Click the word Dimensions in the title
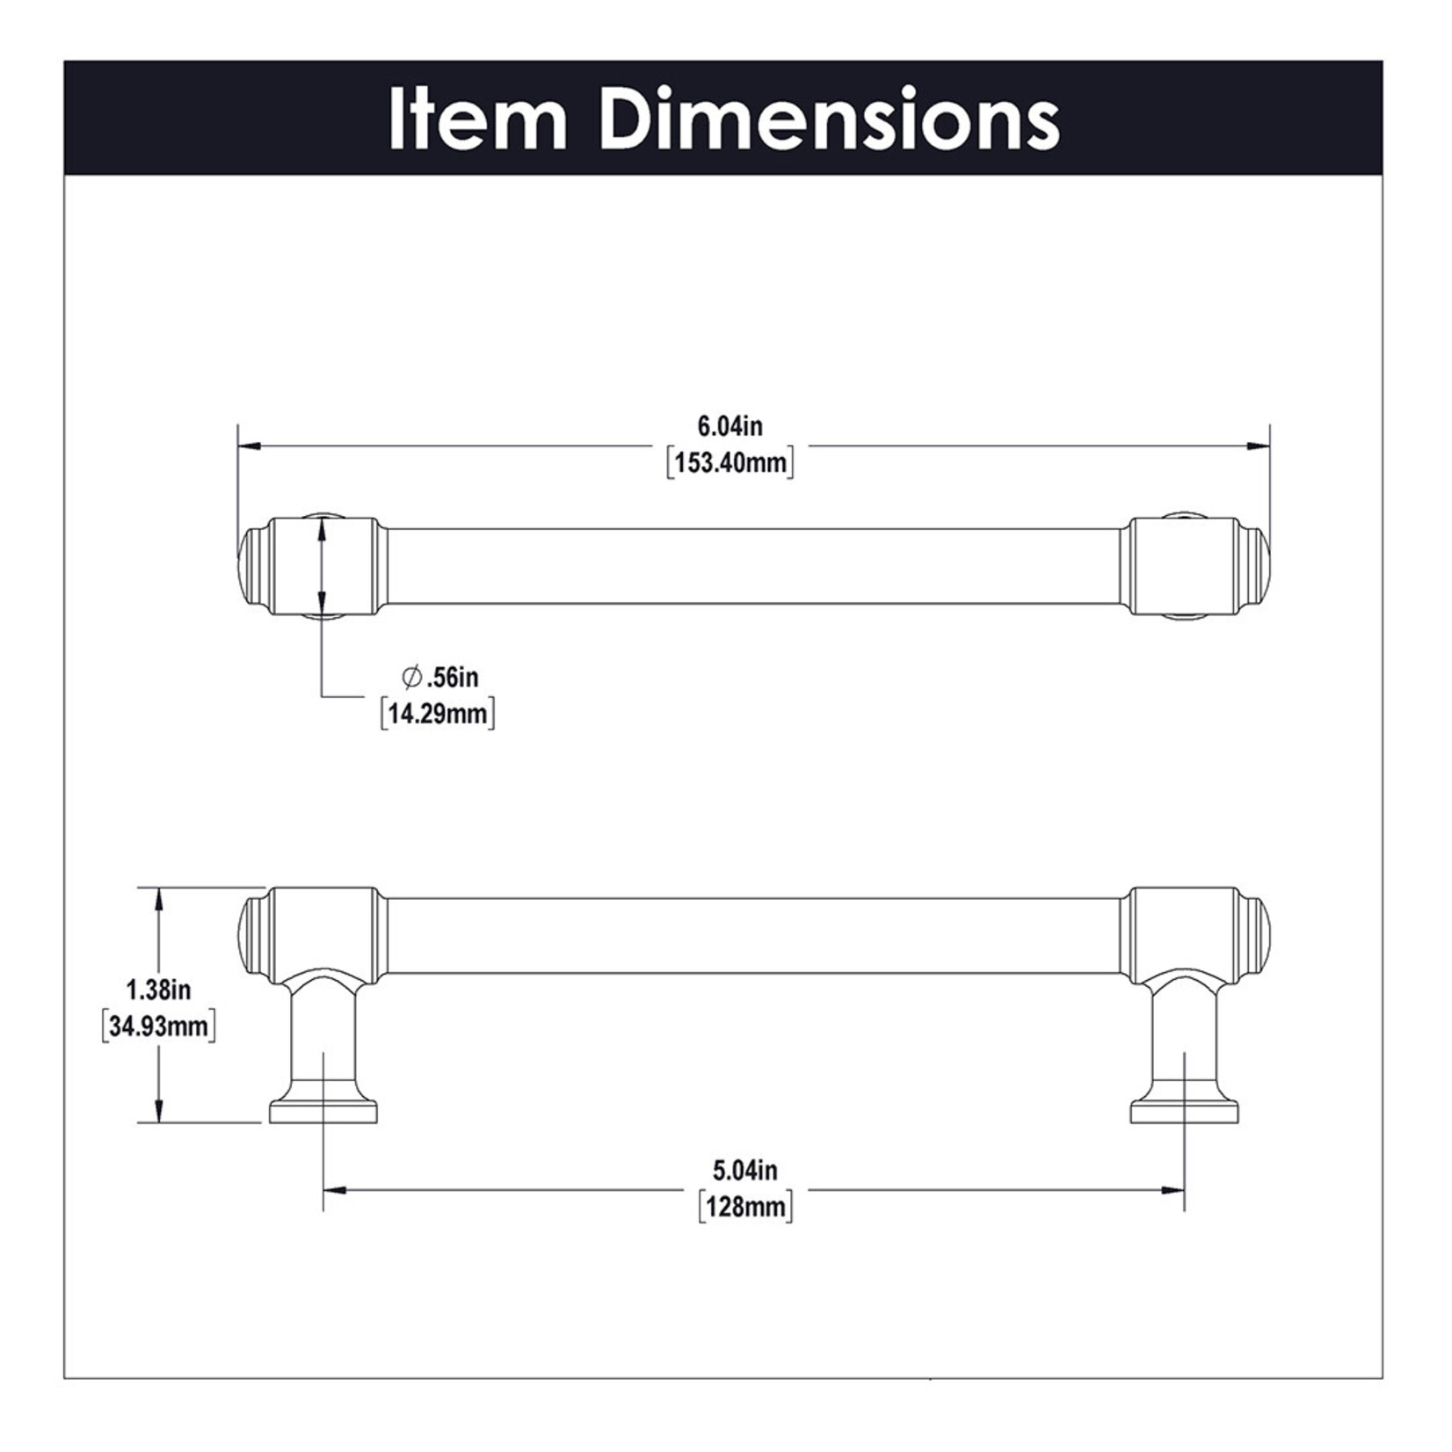(831, 120)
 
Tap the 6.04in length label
(730, 426)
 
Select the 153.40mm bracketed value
(730, 462)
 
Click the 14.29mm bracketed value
(438, 713)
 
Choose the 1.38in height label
(158, 990)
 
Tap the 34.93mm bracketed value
(158, 1026)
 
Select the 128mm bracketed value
(745, 1207)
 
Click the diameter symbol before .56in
(410, 678)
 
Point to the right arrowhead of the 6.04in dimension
(1259, 447)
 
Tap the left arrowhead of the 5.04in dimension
(335, 1191)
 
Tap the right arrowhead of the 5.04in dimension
(1173, 1191)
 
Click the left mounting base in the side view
(323, 1112)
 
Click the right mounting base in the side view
(1185, 1112)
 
